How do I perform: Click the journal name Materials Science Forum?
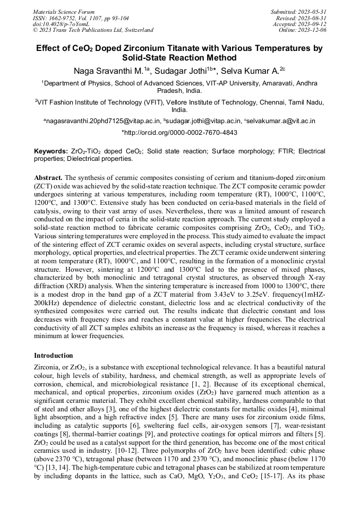(64, 11)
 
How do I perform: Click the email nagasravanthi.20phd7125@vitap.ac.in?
(102, 121)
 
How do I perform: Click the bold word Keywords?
(50, 151)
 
